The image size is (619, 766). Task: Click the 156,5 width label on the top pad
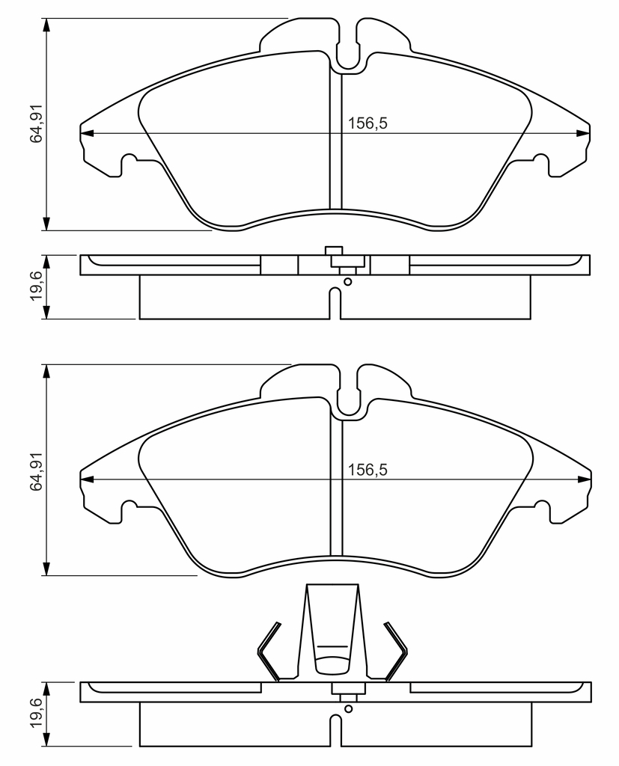pos(368,123)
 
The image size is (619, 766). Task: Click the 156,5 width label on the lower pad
pos(368,470)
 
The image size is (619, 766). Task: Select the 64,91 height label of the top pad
pos(37,123)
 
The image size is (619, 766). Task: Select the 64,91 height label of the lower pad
pos(37,470)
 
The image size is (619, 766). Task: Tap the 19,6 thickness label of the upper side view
pos(37,287)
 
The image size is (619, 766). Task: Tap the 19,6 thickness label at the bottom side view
pos(37,714)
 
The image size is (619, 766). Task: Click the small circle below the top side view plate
pos(348,281)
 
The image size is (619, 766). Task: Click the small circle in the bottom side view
pos(348,708)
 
